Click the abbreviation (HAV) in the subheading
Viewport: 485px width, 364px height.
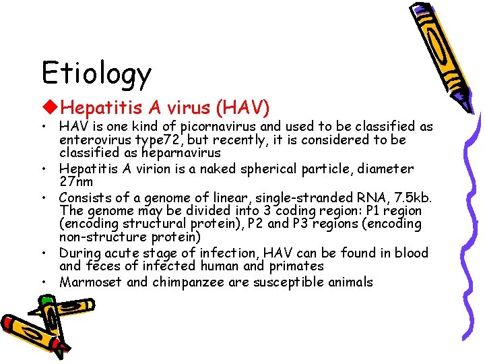pyautogui.click(x=242, y=107)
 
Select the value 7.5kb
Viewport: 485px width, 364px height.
pyautogui.click(x=412, y=197)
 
